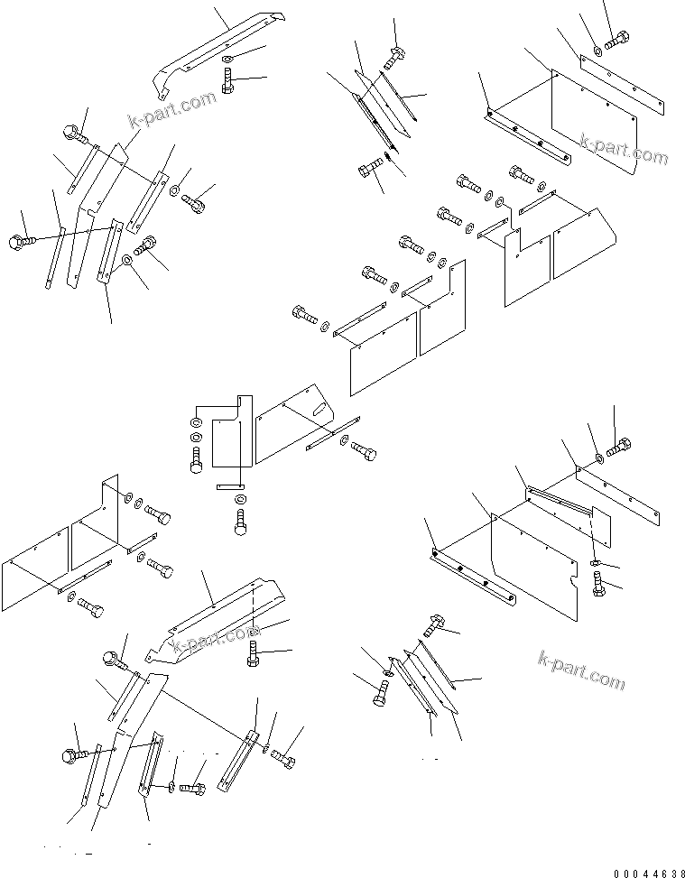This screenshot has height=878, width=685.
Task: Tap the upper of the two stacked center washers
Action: coord(196,422)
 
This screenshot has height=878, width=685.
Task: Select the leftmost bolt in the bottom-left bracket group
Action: coord(72,753)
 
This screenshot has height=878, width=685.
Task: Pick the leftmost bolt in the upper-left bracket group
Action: coord(20,241)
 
